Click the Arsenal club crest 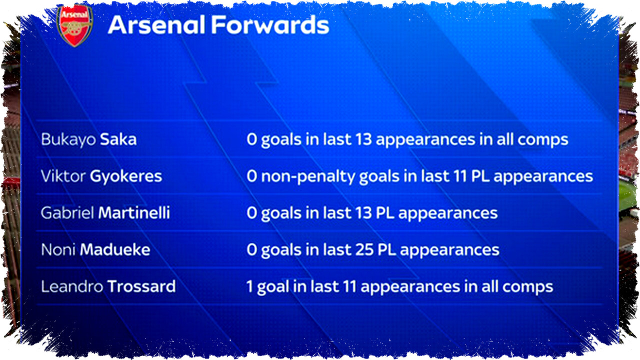point(75,25)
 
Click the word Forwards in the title point(270,25)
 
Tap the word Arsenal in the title point(156,25)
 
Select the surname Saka point(118,139)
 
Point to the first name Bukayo point(68,140)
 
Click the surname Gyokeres point(126,176)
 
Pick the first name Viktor point(63,176)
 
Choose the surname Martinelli point(134,213)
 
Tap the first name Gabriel point(67,213)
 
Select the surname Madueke point(115,249)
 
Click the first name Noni point(58,250)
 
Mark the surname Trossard point(141,286)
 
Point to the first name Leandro point(72,286)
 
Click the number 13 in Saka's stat point(363,139)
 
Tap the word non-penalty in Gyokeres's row point(308,176)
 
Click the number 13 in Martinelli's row point(363,213)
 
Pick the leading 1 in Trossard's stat point(249,286)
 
